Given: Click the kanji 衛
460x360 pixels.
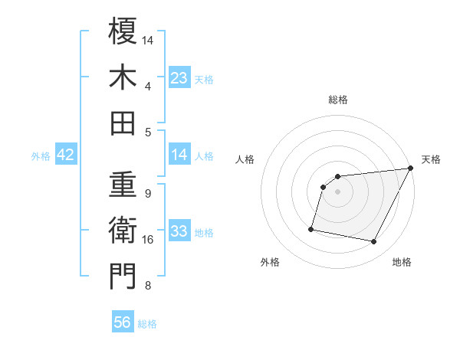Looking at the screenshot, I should [123, 231].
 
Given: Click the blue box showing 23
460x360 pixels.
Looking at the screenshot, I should [179, 78].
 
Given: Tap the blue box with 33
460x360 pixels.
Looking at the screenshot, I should [179, 231].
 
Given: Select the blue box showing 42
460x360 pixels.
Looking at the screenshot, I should [66, 155].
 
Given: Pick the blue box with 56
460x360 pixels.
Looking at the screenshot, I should [123, 323].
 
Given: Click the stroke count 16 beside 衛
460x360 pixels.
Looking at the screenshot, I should [148, 240].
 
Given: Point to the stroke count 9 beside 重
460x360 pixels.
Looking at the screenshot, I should [147, 193].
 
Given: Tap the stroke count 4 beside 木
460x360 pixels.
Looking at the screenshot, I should [147, 85].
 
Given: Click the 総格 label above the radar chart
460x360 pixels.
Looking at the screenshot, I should [337, 100].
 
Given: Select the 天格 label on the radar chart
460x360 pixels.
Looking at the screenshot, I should [431, 159].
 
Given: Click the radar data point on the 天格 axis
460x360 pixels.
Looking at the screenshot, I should [410, 169].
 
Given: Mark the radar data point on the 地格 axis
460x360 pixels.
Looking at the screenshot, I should [374, 242].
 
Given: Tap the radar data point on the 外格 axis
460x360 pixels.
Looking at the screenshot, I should [311, 228].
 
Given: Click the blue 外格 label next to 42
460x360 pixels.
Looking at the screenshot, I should [41, 156].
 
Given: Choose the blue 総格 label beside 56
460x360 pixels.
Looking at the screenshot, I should [147, 324].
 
